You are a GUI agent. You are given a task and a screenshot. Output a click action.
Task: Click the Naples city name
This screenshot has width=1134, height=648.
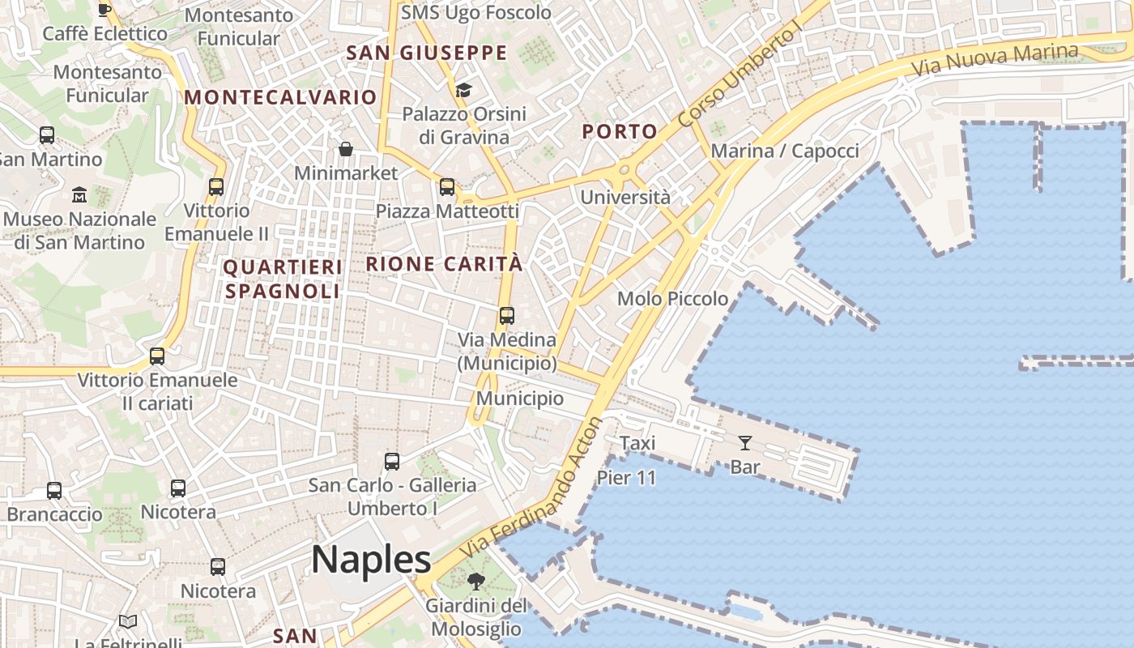click(371, 560)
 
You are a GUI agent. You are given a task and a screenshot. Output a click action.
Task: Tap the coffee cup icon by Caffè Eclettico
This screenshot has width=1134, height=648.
click(104, 10)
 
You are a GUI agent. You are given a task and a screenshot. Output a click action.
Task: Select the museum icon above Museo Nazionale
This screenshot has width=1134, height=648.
click(79, 195)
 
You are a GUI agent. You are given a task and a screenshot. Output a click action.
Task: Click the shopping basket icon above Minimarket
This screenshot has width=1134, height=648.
click(346, 149)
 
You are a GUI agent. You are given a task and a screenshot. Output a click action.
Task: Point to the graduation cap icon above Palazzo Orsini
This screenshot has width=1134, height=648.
click(463, 90)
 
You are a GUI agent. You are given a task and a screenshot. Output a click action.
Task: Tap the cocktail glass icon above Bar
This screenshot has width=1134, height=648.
click(745, 443)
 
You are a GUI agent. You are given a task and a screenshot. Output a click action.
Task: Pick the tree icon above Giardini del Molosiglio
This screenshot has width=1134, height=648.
click(476, 581)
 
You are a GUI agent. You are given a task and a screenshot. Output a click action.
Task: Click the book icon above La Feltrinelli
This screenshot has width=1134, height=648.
click(128, 622)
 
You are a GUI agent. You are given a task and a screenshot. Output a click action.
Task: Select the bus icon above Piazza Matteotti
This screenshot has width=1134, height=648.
click(447, 187)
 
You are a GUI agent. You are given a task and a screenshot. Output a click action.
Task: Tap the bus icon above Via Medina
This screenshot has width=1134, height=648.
click(507, 316)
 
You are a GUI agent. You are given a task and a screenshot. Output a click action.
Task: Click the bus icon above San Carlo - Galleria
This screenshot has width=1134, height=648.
click(392, 462)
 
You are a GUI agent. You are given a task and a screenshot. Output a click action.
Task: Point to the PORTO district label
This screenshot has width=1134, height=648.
click(620, 131)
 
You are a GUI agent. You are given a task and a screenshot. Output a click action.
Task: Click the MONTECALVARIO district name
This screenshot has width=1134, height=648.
click(280, 97)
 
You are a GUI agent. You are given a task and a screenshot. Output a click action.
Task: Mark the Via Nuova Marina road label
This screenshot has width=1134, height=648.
click(996, 59)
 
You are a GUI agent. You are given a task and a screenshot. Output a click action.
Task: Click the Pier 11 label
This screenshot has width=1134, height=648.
click(626, 478)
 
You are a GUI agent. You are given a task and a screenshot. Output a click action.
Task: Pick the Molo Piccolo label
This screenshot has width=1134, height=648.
click(672, 299)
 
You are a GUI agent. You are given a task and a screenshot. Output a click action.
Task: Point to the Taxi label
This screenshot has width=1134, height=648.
click(637, 443)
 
